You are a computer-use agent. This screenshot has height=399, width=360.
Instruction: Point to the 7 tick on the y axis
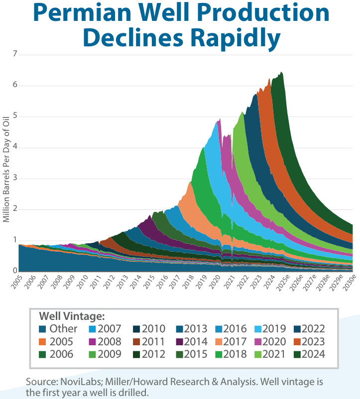(x=14, y=54)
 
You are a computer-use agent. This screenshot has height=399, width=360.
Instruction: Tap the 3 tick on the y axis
(x=14, y=178)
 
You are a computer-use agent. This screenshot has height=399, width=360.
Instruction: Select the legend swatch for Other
(x=44, y=328)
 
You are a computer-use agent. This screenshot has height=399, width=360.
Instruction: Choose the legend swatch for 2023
(x=296, y=341)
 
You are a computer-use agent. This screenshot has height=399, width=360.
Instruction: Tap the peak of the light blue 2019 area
(x=219, y=119)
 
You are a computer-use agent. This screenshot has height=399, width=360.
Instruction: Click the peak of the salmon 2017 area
(x=190, y=182)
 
